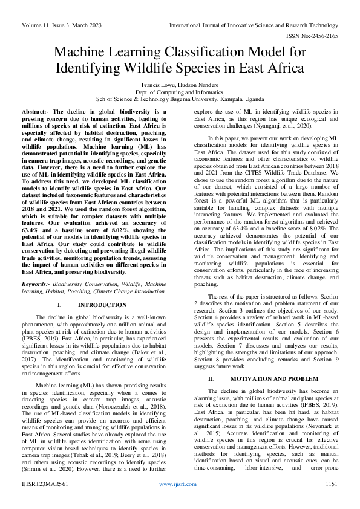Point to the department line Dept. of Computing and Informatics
[180, 92]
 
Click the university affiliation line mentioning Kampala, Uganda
[180, 99]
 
